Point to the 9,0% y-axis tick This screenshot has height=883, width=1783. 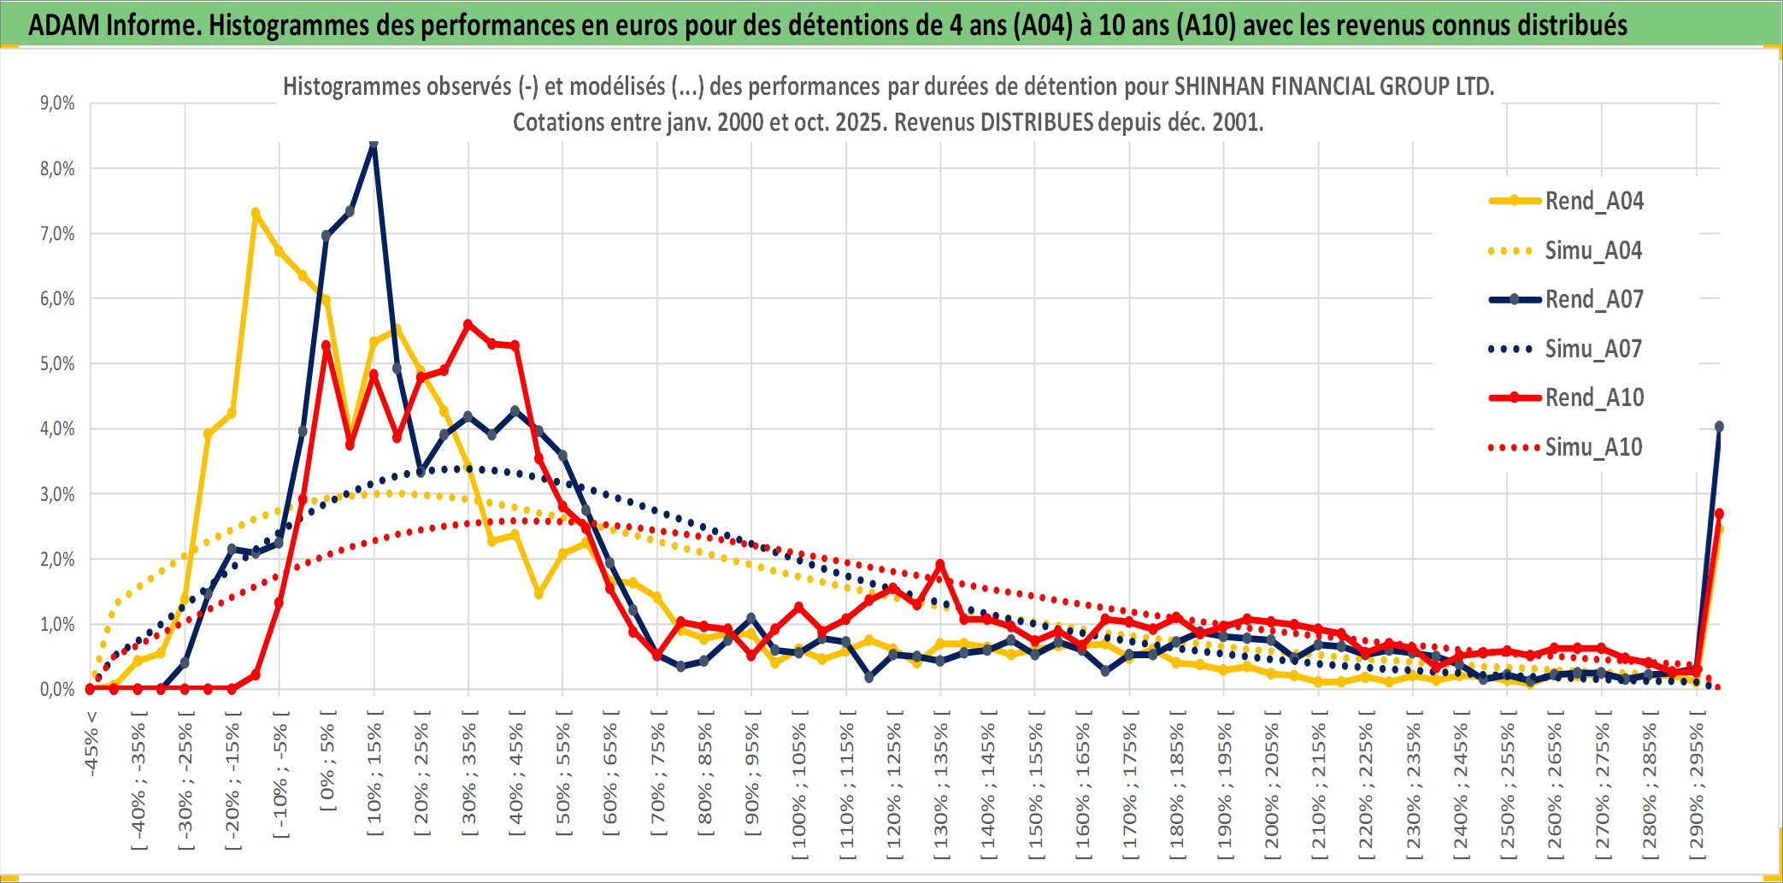click(57, 103)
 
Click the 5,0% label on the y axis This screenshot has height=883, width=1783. click(57, 364)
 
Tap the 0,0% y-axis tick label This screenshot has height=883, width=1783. click(57, 690)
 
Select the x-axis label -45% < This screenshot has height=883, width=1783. click(91, 744)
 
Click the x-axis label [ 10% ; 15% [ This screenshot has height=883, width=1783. click(374, 779)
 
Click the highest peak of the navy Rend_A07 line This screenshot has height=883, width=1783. click(374, 144)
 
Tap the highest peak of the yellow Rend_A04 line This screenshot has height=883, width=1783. click(256, 212)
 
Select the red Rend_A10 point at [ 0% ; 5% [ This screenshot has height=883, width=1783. click(326, 345)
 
